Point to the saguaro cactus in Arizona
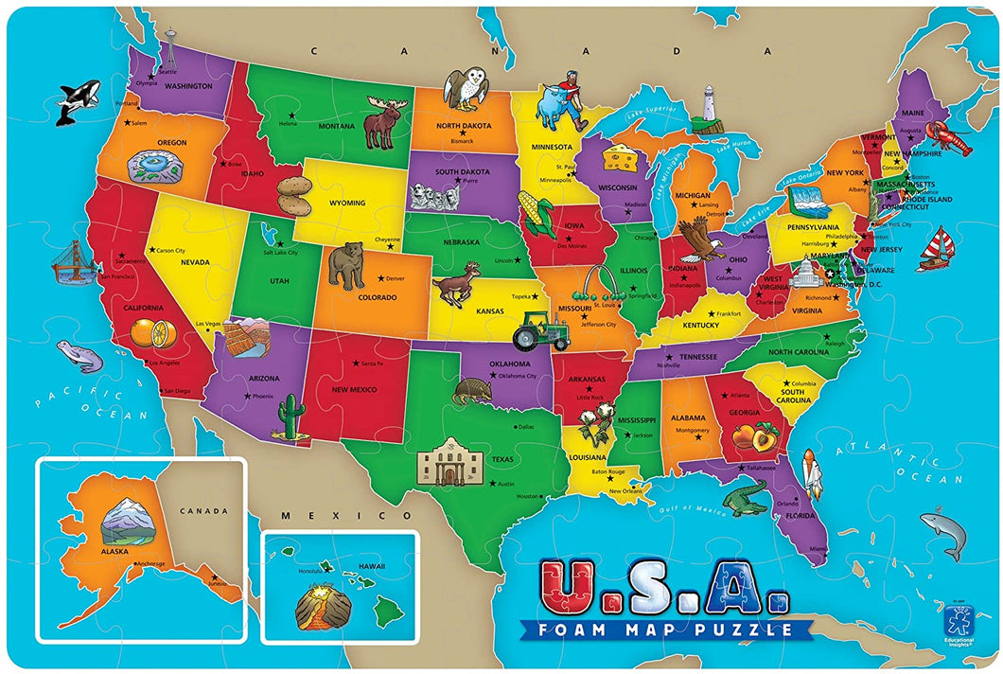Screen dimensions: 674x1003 coord(290,417)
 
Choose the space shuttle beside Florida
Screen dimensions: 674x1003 coord(812,472)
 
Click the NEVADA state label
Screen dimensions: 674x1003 coord(195,261)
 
